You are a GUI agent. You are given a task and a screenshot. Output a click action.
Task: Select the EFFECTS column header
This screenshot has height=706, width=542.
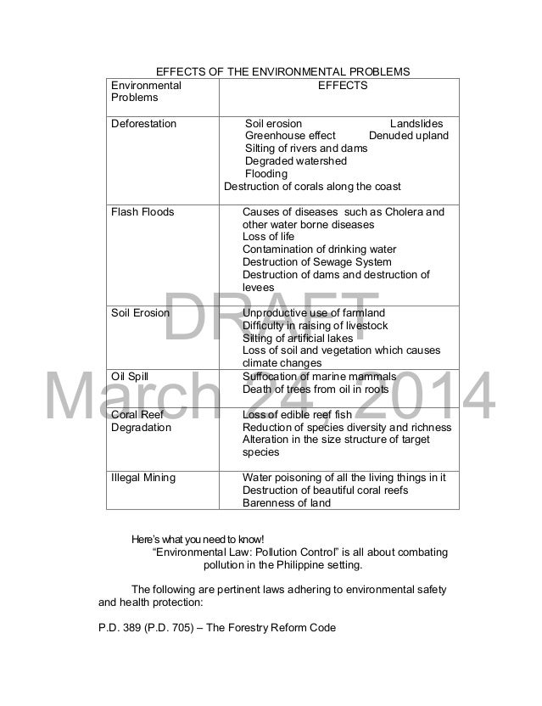click(342, 86)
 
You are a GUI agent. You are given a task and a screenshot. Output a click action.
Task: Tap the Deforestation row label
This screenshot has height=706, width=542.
click(144, 124)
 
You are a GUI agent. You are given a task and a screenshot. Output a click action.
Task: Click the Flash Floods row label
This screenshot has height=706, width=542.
click(142, 211)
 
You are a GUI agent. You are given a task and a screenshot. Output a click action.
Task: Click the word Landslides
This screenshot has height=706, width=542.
click(416, 124)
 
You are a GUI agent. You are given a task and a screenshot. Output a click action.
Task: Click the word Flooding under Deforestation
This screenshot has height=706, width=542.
click(265, 174)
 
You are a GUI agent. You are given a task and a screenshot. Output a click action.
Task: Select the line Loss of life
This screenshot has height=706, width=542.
click(268, 237)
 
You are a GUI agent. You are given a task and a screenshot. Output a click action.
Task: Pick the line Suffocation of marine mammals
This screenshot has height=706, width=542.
click(319, 376)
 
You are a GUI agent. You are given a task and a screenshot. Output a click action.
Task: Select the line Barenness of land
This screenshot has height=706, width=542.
click(286, 502)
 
